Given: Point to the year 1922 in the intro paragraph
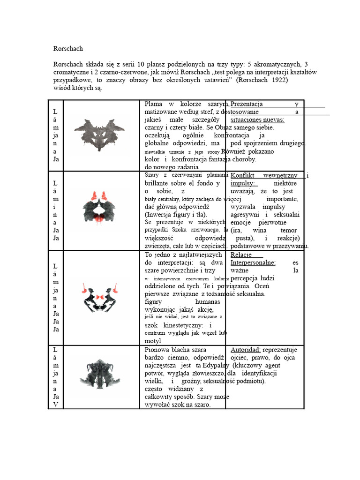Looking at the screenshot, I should click(x=279, y=80).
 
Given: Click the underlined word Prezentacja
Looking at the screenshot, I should click(x=247, y=104).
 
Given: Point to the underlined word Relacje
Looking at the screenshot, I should click(x=244, y=255).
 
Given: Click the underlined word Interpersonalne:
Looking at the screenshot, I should click(x=253, y=263).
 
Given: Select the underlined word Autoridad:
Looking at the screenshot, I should click(x=246, y=350).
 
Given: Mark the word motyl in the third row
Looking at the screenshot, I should click(x=153, y=341).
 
